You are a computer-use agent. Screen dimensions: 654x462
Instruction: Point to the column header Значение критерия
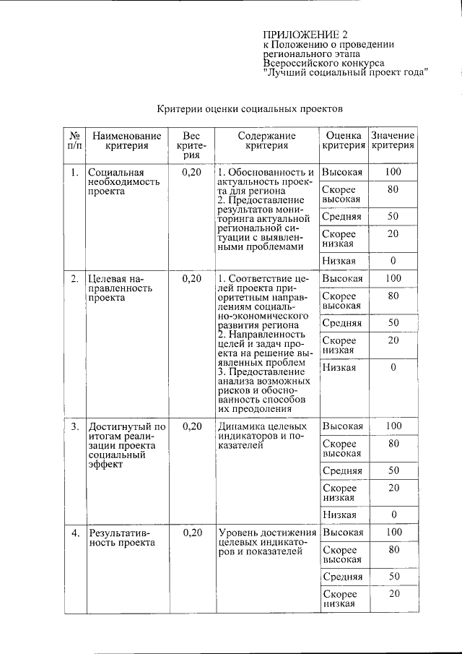(393, 140)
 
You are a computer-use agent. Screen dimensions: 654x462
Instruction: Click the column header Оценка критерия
(343, 140)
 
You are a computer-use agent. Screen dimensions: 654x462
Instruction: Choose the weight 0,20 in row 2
(191, 278)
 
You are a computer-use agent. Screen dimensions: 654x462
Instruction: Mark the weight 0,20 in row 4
(191, 533)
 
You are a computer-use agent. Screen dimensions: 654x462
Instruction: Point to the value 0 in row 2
(393, 367)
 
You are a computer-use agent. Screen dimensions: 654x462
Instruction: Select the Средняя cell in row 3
(342, 470)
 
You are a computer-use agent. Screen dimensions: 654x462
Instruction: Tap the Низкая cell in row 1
(339, 260)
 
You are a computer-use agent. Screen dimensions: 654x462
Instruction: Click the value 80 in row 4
(393, 549)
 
